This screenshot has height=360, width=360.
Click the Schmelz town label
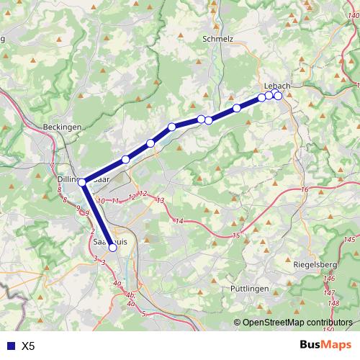click(218, 40)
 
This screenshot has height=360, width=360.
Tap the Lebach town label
click(277, 86)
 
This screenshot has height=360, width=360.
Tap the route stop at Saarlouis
click(112, 248)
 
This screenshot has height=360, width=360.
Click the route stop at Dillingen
click(82, 182)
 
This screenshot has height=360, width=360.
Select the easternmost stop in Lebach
click(278, 96)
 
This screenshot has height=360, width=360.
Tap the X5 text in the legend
click(29, 346)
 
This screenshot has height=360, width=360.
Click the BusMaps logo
click(325, 346)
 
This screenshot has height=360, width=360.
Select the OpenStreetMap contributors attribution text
click(297, 323)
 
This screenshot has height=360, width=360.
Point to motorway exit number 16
click(305, 189)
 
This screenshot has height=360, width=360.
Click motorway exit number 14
click(179, 220)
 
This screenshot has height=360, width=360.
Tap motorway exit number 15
click(235, 236)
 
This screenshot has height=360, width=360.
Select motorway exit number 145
click(350, 239)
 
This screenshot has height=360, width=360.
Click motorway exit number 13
click(160, 200)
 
